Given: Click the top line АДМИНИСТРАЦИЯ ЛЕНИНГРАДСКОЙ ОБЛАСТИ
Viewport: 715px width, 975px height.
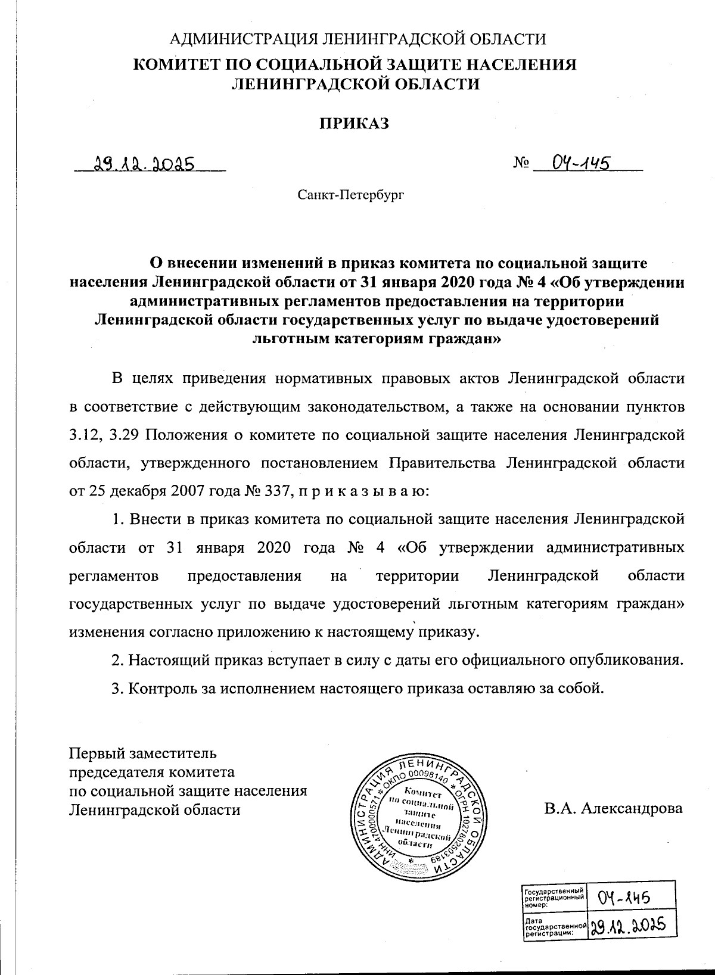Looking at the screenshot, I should pyautogui.click(x=357, y=40).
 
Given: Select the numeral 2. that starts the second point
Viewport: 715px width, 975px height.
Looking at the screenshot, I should pyautogui.click(x=117, y=661).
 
